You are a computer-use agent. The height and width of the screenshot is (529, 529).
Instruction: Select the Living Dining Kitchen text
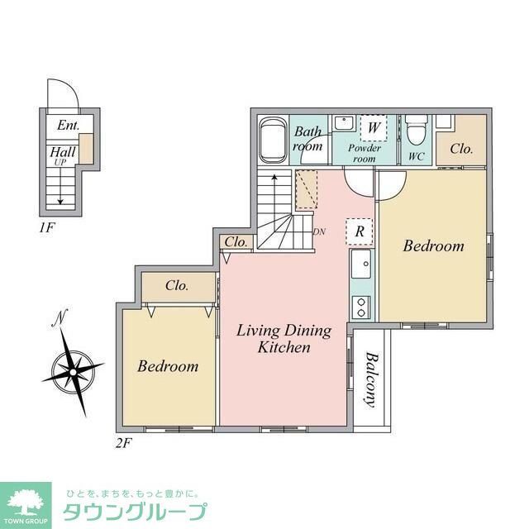[x=284, y=339]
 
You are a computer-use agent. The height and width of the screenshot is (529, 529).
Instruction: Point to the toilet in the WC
[x=415, y=132]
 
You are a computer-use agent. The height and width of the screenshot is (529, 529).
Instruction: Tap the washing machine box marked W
[x=374, y=127]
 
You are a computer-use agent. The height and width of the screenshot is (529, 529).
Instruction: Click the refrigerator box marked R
[x=360, y=231]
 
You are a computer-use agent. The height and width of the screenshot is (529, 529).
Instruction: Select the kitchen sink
[x=361, y=266]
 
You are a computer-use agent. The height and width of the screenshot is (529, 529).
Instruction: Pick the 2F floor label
[x=123, y=442]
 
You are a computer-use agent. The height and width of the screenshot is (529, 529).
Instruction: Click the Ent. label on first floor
[x=68, y=126]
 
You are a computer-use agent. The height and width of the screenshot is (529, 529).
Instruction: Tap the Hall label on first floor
[x=63, y=152]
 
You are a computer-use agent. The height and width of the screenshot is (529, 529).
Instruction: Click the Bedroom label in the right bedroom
[x=433, y=246]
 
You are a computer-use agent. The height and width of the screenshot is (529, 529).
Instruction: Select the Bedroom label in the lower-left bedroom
[x=168, y=365]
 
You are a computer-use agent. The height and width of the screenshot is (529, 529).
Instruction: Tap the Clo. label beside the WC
[x=460, y=150]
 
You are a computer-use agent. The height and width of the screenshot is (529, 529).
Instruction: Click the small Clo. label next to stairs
[x=236, y=242]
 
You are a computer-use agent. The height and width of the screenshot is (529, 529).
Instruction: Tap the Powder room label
[x=364, y=153]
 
